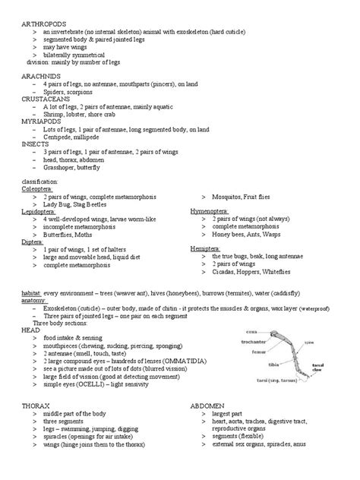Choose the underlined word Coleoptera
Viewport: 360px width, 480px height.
36,191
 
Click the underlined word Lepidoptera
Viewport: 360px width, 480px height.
37,213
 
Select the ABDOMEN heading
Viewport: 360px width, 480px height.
207,407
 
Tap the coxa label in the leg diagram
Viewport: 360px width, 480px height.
254,330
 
